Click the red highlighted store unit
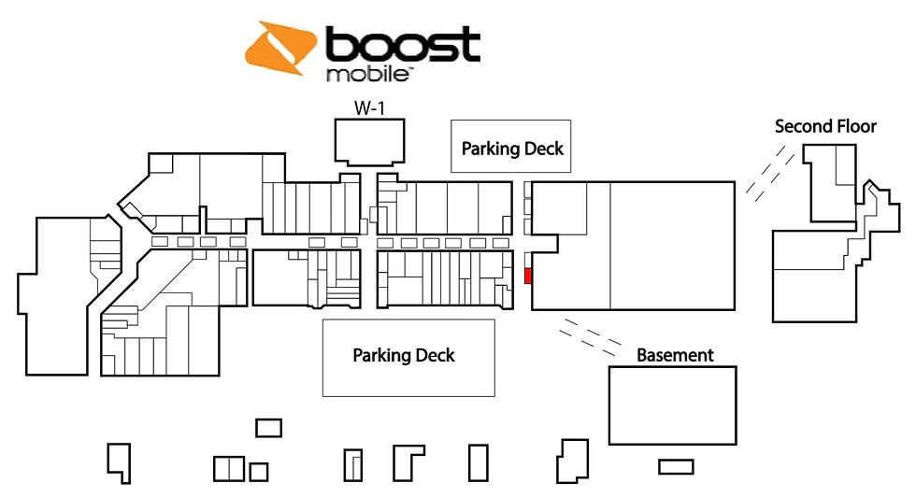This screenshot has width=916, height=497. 528,276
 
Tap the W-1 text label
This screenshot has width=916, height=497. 369,108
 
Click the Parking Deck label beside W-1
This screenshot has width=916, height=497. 512,149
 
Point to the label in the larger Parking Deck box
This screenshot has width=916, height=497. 404,355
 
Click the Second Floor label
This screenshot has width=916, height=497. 825,126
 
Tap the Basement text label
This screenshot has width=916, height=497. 675,355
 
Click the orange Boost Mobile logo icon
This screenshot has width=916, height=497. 282,49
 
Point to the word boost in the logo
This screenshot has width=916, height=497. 403,45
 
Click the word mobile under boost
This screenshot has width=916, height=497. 366,75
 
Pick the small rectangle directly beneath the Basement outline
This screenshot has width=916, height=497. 676,466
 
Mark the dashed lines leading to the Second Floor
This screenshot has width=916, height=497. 770,174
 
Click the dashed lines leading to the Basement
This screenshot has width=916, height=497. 590,337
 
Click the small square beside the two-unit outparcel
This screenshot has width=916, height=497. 258,472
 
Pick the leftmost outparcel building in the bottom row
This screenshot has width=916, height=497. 119,463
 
